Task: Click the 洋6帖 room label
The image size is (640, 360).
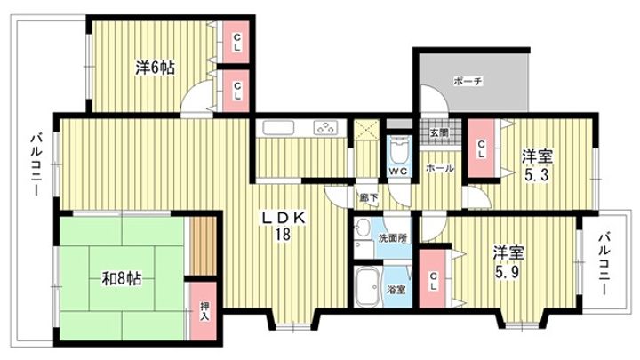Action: [x=155, y=68]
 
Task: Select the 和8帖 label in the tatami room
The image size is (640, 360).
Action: [x=121, y=279]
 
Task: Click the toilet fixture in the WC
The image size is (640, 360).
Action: [x=398, y=150]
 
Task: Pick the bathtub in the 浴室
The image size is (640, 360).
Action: [x=367, y=287]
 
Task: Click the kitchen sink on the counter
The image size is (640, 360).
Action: [x=278, y=128]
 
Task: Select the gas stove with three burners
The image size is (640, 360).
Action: [x=325, y=128]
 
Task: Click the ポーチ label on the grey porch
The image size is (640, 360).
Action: [x=468, y=81]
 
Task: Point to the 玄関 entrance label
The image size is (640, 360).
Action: [x=439, y=132]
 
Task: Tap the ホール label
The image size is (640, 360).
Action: [x=440, y=168]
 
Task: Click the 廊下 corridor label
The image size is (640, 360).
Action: [x=369, y=198]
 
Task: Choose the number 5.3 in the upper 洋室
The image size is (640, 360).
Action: [x=537, y=175]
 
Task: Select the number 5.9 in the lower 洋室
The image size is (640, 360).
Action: [x=507, y=271]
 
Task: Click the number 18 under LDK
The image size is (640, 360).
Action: [x=283, y=235]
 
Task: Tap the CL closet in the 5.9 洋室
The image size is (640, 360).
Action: [x=433, y=278]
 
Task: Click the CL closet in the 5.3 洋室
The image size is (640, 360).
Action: [x=481, y=148]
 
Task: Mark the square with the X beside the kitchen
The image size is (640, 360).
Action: [x=364, y=130]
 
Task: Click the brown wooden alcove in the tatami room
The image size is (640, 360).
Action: [x=204, y=245]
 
